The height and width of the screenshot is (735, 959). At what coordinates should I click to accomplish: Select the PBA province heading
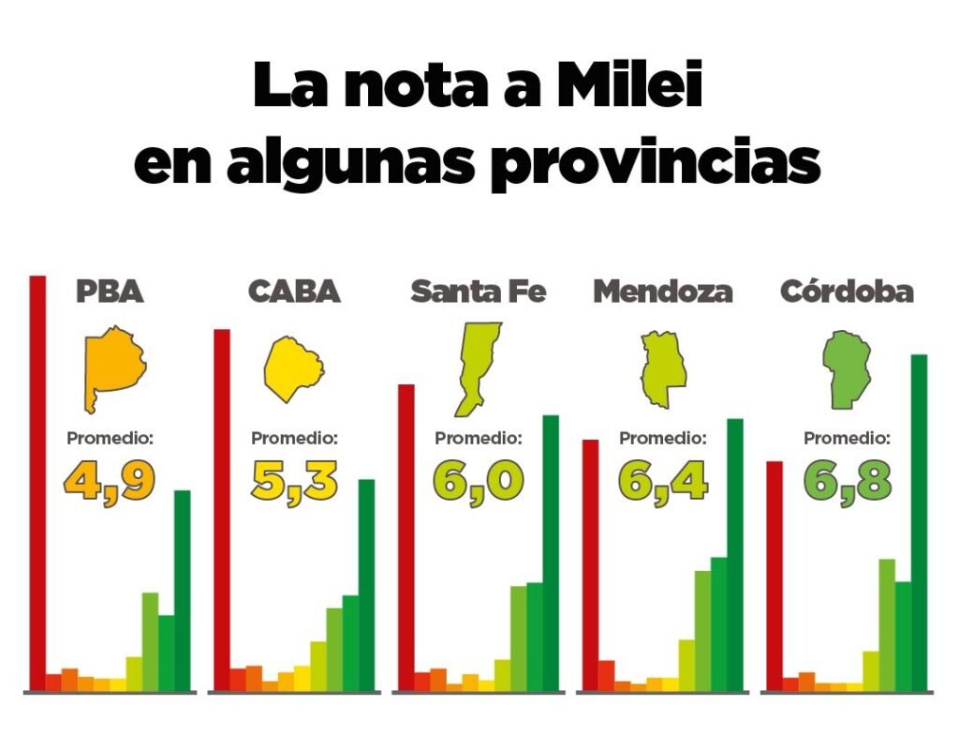pyautogui.click(x=110, y=292)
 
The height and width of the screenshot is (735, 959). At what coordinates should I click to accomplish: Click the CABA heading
pyautogui.click(x=294, y=292)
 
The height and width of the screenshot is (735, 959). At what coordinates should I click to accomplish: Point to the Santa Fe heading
pyautogui.click(x=478, y=292)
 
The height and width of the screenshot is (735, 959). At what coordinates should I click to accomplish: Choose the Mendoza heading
pyautogui.click(x=662, y=292)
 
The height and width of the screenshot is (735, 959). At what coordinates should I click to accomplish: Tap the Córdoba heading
pyautogui.click(x=847, y=292)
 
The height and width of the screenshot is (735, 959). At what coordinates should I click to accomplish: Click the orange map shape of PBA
pyautogui.click(x=113, y=367)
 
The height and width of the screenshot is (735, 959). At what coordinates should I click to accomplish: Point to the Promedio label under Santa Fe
pyautogui.click(x=478, y=438)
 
